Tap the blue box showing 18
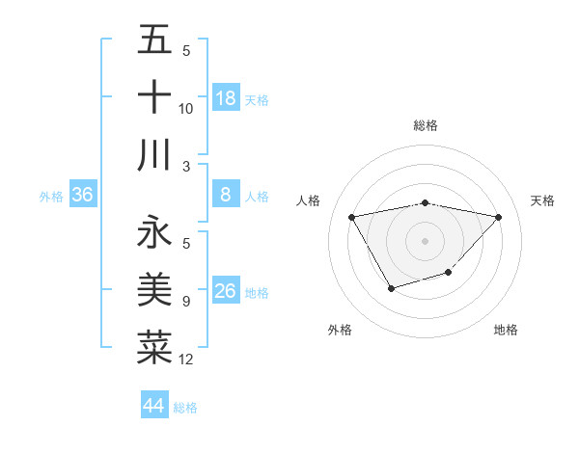click(x=225, y=98)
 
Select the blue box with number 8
click(x=225, y=196)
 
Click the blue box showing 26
click(x=225, y=291)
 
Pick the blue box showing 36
click(x=83, y=196)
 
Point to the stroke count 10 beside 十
click(x=186, y=109)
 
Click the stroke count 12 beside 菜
click(x=186, y=360)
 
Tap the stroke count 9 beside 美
click(x=185, y=302)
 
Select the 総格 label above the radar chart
click(x=425, y=125)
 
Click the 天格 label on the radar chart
click(x=543, y=200)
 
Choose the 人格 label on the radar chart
click(x=309, y=200)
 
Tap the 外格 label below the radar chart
click(x=340, y=330)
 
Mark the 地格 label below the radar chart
click(x=506, y=330)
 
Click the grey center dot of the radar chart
click(x=425, y=240)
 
